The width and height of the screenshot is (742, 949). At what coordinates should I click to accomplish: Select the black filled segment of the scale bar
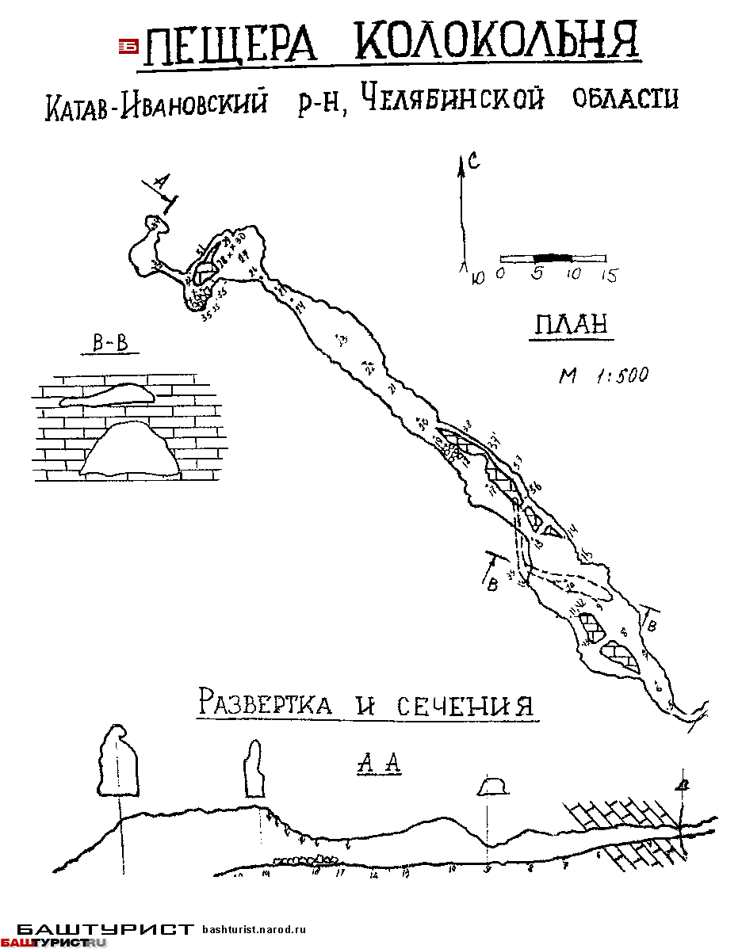click(553, 258)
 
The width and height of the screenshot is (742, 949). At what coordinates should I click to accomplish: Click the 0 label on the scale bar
click(500, 275)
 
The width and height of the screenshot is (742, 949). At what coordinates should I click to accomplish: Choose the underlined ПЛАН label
click(572, 325)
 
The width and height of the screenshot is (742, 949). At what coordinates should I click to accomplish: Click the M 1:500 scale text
click(603, 375)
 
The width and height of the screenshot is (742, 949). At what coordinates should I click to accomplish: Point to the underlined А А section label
click(380, 764)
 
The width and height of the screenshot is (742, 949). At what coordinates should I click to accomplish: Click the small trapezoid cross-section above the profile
click(492, 786)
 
